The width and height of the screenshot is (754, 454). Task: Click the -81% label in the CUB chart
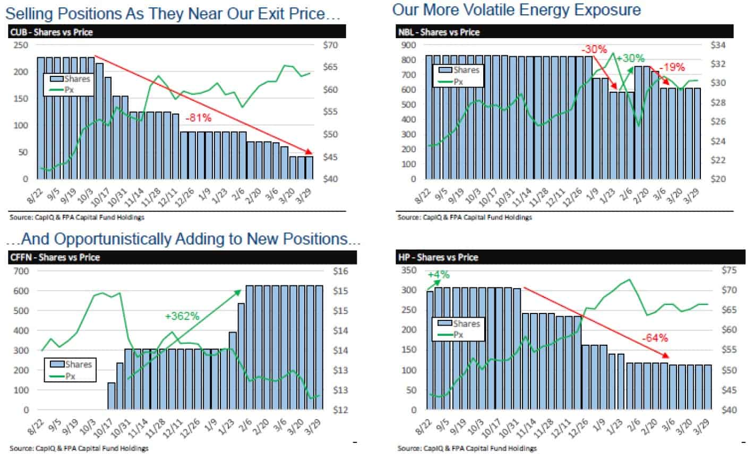click(x=199, y=118)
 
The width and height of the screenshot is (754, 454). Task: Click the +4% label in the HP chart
click(x=438, y=275)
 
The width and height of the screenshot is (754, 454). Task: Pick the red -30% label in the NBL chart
click(x=594, y=49)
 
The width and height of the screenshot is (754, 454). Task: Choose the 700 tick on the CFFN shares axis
click(x=22, y=271)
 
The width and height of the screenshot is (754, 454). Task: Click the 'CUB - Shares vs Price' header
click(x=51, y=32)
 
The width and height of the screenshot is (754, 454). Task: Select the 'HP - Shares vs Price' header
click(x=438, y=257)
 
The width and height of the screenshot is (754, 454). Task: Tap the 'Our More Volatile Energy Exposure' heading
click(x=516, y=10)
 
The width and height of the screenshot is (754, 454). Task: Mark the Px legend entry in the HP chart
click(x=457, y=335)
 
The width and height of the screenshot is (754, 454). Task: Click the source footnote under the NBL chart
click(x=464, y=217)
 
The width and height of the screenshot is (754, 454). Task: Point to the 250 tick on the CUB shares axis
click(x=22, y=45)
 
